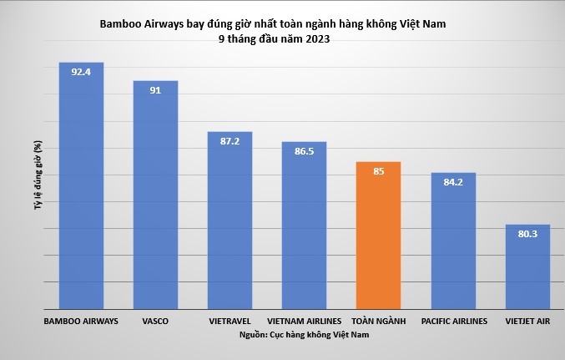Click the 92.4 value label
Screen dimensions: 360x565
click(x=81, y=72)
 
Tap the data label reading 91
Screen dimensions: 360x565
click(x=156, y=89)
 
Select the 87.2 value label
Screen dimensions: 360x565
click(x=230, y=141)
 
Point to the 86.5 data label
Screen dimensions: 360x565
click(x=305, y=151)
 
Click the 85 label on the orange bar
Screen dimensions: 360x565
click(x=379, y=172)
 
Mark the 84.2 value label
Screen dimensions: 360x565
click(x=453, y=182)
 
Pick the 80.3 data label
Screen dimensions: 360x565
click(x=527, y=234)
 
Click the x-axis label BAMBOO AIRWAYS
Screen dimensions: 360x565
click(x=81, y=320)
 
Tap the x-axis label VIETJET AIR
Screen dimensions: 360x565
click(x=527, y=320)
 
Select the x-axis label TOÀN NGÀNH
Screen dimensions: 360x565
click(x=379, y=320)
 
